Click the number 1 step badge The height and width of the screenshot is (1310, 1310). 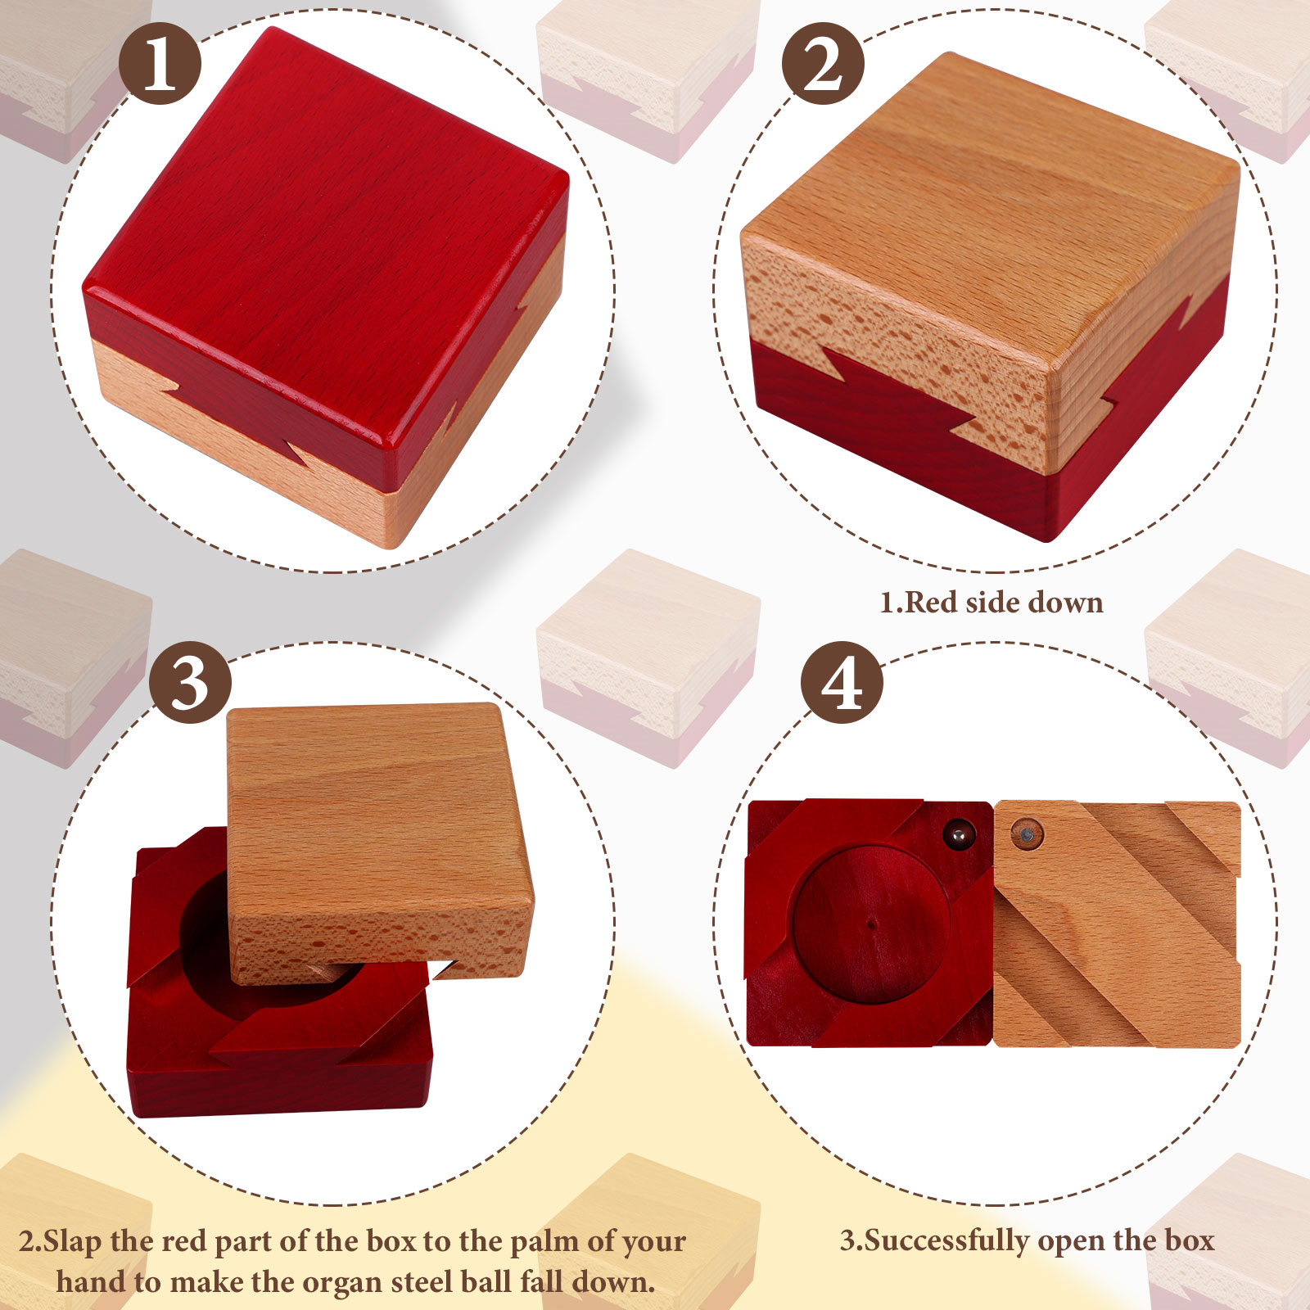point(160,63)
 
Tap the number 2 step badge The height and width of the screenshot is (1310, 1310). point(823,63)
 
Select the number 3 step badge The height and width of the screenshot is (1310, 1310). point(190,682)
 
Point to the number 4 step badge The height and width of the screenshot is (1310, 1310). point(842,682)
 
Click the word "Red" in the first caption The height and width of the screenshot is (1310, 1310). point(933,603)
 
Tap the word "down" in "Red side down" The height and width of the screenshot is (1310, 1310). point(1065,603)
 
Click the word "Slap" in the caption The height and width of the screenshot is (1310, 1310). point(74,1242)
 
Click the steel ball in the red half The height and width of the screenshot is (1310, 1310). point(957,835)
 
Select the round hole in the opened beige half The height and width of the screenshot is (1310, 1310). point(1027,835)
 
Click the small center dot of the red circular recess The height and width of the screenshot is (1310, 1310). point(871,925)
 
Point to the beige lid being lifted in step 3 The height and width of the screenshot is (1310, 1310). point(378,843)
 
